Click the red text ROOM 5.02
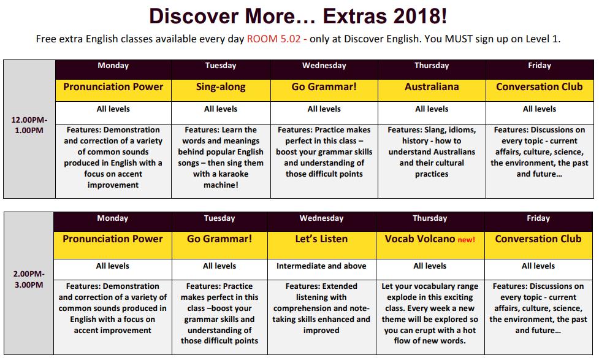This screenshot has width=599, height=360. (x=274, y=39)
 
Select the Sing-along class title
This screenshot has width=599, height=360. (x=221, y=87)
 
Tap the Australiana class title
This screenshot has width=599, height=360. (x=432, y=86)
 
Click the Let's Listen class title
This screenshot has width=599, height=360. (x=321, y=239)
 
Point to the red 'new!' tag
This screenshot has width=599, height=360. (x=467, y=240)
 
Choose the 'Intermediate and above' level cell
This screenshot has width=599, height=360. (x=321, y=266)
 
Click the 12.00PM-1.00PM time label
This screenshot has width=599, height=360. (x=29, y=125)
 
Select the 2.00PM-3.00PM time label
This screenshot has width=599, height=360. (x=29, y=279)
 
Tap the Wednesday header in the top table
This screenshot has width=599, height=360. (x=324, y=66)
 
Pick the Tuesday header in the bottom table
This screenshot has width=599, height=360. (x=219, y=218)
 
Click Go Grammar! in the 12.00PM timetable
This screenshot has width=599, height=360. (x=324, y=86)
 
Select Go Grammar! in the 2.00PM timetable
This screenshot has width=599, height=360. (x=219, y=239)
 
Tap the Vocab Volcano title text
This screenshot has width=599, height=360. (x=420, y=239)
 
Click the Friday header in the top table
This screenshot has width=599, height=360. (x=540, y=66)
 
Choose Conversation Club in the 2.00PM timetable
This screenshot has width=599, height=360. (x=538, y=239)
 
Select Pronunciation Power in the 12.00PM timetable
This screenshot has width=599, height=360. (x=113, y=86)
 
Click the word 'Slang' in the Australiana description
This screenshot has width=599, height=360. (x=435, y=130)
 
